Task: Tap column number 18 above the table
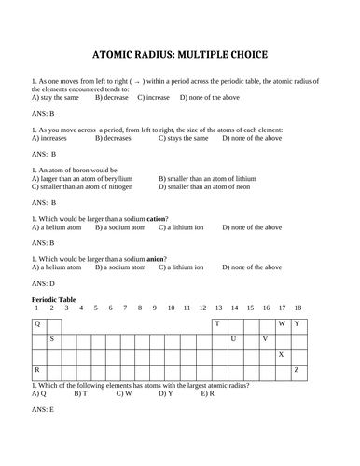[298, 308]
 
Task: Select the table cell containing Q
[38, 323]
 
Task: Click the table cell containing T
[217, 323]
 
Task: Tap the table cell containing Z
[297, 371]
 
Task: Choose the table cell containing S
[53, 339]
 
